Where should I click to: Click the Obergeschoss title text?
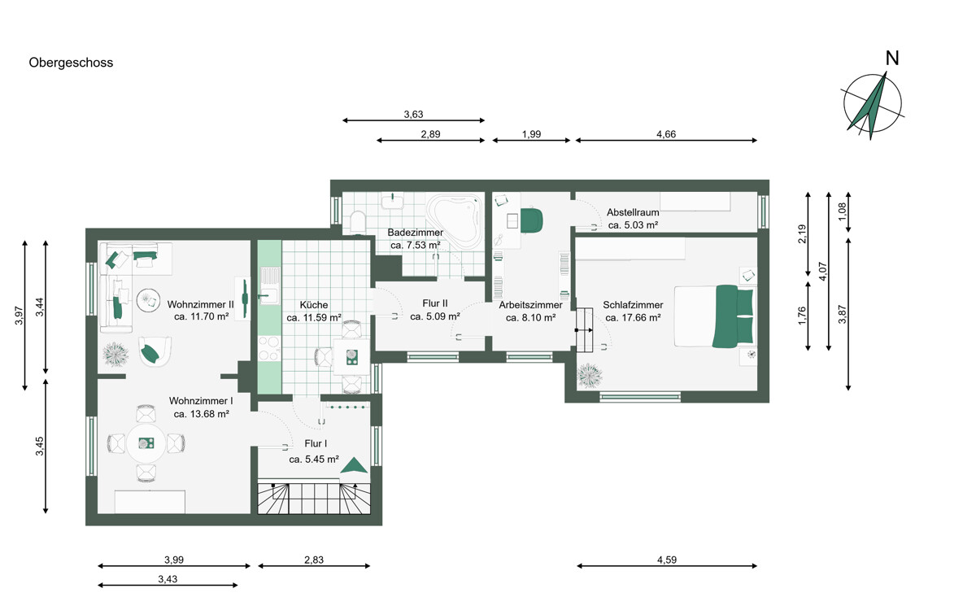71,63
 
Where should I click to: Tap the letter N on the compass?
892,59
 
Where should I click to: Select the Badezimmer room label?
416,233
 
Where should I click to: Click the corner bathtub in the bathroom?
455,222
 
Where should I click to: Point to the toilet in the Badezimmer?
358,222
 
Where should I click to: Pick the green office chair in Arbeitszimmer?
532,220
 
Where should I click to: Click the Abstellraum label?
633,212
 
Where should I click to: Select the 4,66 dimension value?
666,134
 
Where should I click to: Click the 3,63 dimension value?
413,115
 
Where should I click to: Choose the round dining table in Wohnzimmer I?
146,443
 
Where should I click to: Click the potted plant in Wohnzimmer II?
115,354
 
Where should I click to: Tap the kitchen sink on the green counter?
270,296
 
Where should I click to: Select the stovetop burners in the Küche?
269,349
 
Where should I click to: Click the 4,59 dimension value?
667,560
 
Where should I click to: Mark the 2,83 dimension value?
314,560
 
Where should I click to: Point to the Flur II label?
435,303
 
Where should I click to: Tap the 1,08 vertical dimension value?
843,211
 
